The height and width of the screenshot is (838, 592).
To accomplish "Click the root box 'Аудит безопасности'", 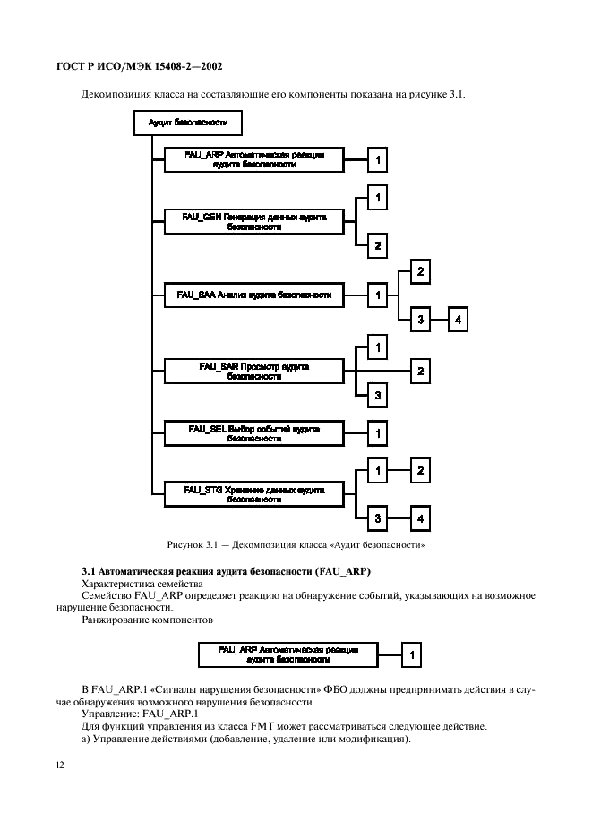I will pos(187,122).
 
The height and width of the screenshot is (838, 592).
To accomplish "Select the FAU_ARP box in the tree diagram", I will pos(253,160).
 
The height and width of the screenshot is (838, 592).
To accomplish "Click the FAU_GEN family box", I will pos(253,221).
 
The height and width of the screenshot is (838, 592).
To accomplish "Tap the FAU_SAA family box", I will pos(253,295).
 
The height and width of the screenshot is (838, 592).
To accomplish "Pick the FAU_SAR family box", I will pos(253,371).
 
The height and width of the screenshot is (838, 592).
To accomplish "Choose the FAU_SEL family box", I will pos(253,433).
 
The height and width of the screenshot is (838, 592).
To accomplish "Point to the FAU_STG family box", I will pos(253,493).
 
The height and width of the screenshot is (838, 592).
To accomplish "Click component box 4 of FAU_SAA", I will pos(458,319).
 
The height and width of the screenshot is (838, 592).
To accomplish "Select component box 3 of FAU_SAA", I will pos(420,319).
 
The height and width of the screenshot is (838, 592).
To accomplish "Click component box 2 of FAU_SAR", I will pos(420,370).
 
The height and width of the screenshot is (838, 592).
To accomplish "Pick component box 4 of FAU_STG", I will pos(420,517).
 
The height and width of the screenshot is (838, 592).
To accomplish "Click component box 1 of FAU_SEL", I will pos(379,433).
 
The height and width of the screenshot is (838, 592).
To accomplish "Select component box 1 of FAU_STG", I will pos(379,469).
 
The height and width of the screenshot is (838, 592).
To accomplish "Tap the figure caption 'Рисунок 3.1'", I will pos(296,543).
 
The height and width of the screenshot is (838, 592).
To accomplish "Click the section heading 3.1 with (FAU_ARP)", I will pos(227,571).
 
